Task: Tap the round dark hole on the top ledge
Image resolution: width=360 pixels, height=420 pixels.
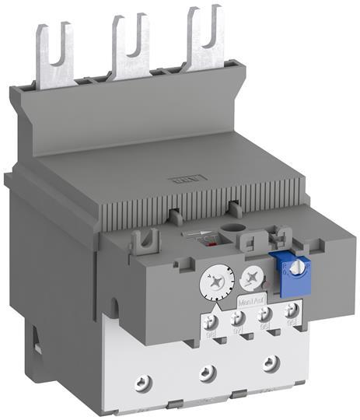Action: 232,231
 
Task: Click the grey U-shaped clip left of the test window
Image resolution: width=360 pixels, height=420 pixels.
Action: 141,240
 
